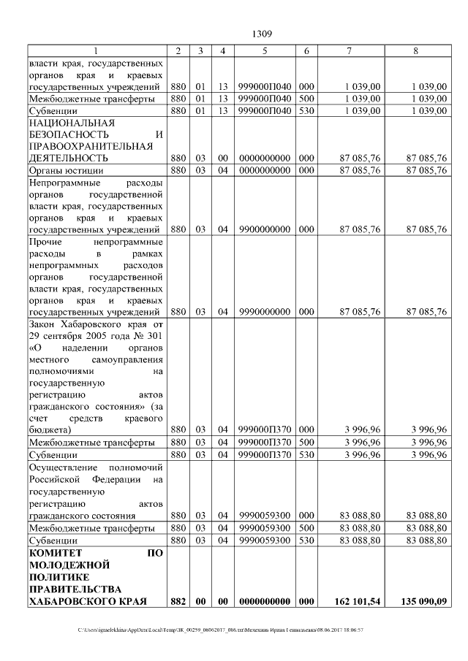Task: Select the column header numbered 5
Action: pyautogui.click(x=265, y=50)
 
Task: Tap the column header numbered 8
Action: pyautogui.click(x=415, y=50)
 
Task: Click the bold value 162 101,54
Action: pyautogui.click(x=357, y=601)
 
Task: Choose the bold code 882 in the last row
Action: pyautogui.click(x=178, y=601)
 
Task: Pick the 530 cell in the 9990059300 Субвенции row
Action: pyautogui.click(x=306, y=540)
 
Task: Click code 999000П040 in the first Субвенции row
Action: pyautogui.click(x=265, y=111)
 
